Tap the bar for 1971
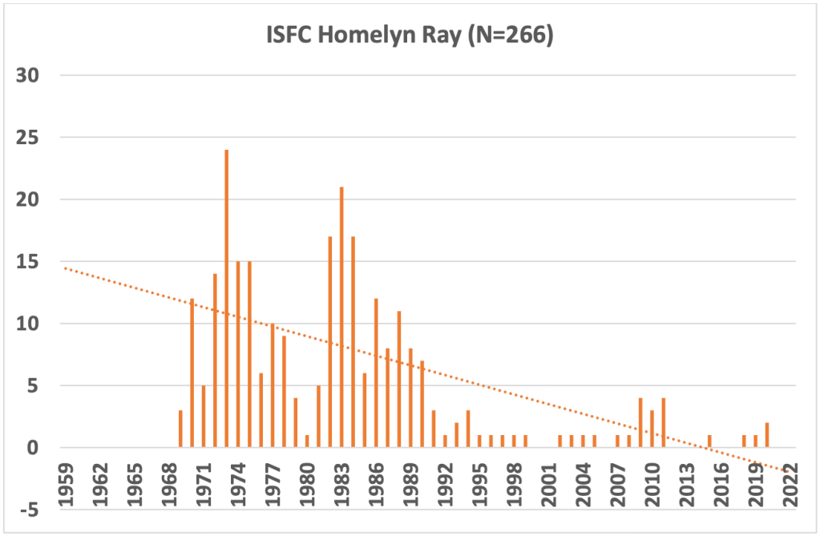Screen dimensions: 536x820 pyautogui.click(x=204, y=417)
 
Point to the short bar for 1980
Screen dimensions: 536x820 pyautogui.click(x=307, y=441)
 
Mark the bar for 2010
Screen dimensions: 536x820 pyautogui.click(x=652, y=429)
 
